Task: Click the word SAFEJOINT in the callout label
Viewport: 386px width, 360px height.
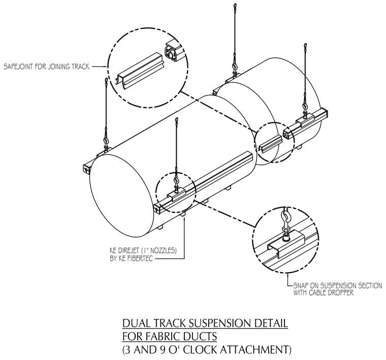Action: coord(18,67)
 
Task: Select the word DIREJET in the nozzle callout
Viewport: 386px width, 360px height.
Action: coord(128,251)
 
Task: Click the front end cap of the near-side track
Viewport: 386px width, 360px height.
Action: coord(157,209)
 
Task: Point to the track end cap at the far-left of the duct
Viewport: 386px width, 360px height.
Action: coord(85,170)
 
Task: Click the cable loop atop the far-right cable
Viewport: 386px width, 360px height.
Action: coord(306,47)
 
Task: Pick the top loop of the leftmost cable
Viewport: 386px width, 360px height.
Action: coord(106,81)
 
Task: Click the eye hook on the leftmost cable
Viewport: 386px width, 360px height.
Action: coord(106,143)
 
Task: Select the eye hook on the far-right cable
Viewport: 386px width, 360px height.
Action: coord(305,108)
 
